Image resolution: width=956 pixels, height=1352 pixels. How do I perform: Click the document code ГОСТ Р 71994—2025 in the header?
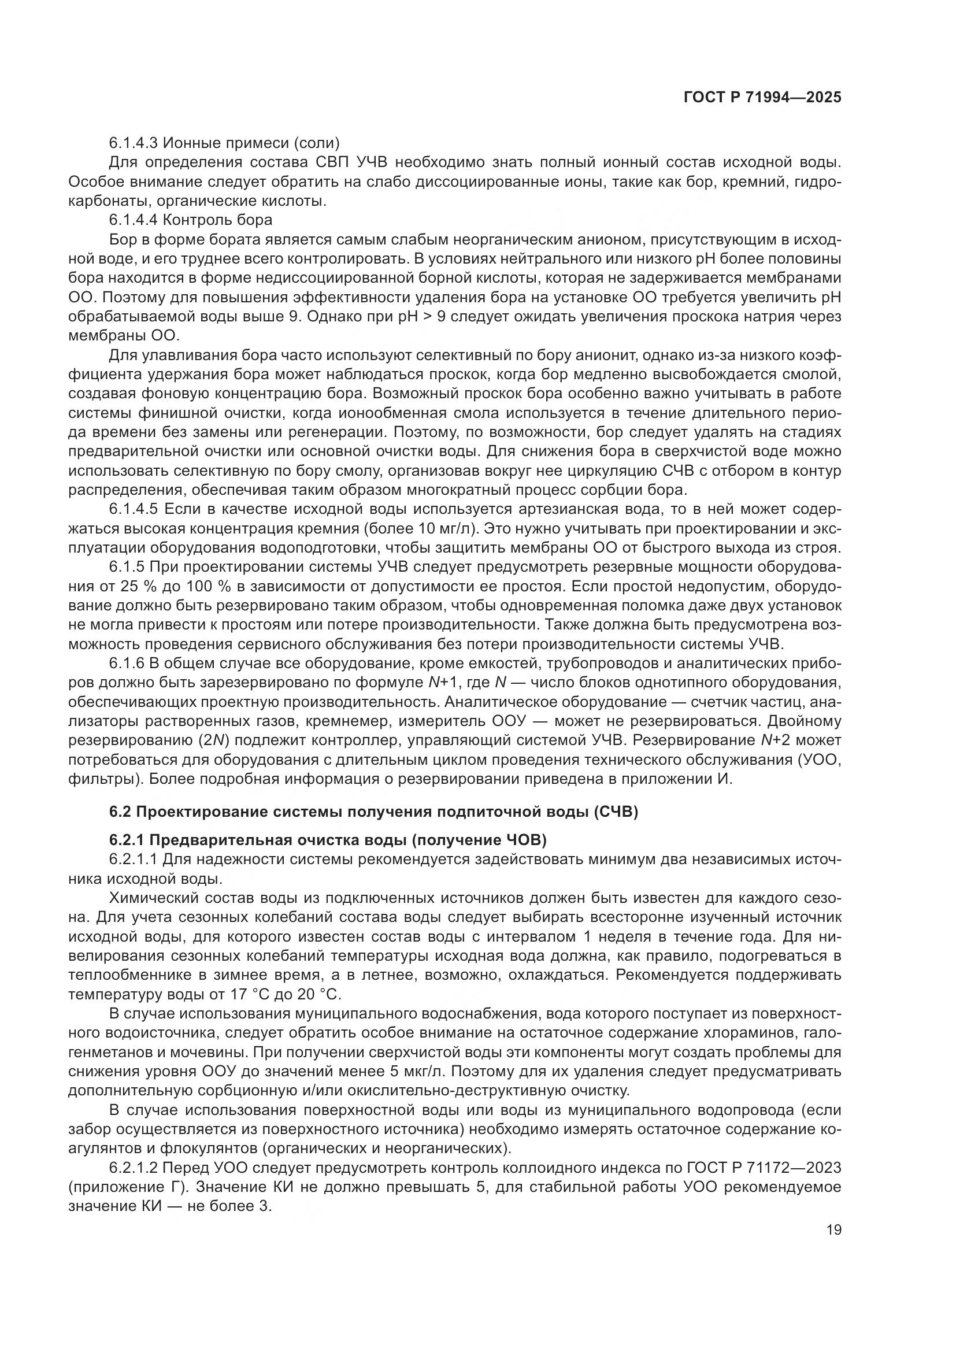pyautogui.click(x=762, y=98)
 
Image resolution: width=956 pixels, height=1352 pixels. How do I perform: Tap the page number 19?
pyautogui.click(x=833, y=1229)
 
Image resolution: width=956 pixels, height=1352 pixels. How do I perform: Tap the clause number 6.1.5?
pyautogui.click(x=127, y=566)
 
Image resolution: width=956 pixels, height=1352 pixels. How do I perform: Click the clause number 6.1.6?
pyautogui.click(x=127, y=663)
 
